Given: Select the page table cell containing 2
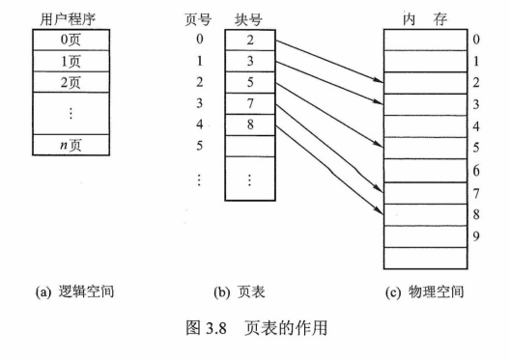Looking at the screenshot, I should [x=249, y=40].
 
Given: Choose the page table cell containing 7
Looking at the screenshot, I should [x=249, y=102].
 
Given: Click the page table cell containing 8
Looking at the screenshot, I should [x=249, y=124].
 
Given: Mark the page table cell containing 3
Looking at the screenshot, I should [x=249, y=61].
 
